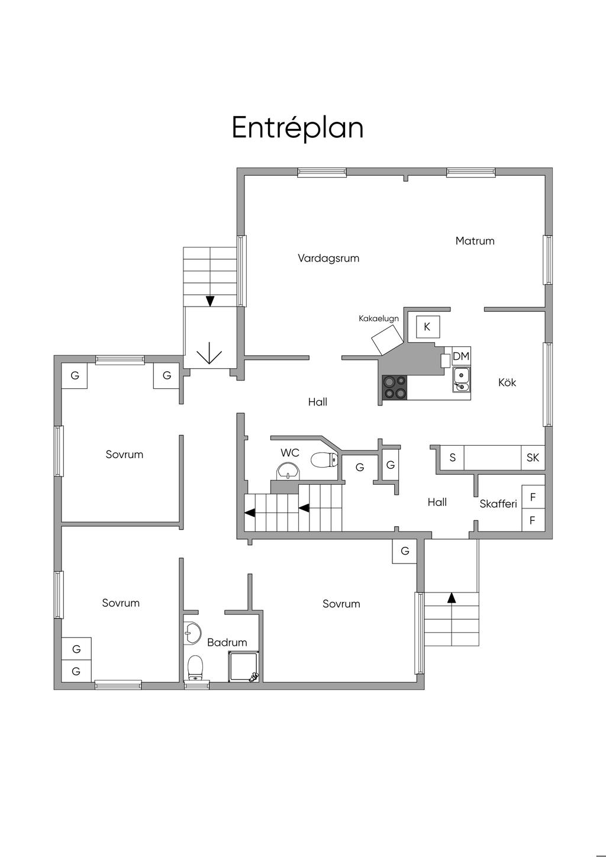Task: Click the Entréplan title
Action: (x=297, y=127)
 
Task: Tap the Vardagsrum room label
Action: (x=328, y=258)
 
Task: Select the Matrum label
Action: (x=475, y=241)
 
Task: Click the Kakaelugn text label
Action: (x=378, y=318)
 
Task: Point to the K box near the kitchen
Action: (x=427, y=327)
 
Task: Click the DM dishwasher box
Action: (x=461, y=356)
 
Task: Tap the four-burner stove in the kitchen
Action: (x=395, y=388)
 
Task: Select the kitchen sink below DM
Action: (x=462, y=379)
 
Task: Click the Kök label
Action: (x=507, y=382)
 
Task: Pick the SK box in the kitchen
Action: (x=533, y=457)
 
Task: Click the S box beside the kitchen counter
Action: (x=453, y=457)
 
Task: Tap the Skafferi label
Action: (x=498, y=504)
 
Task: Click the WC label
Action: (x=289, y=453)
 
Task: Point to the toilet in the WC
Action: (x=324, y=460)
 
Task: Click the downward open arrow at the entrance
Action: (x=209, y=352)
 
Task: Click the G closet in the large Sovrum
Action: (x=404, y=552)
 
